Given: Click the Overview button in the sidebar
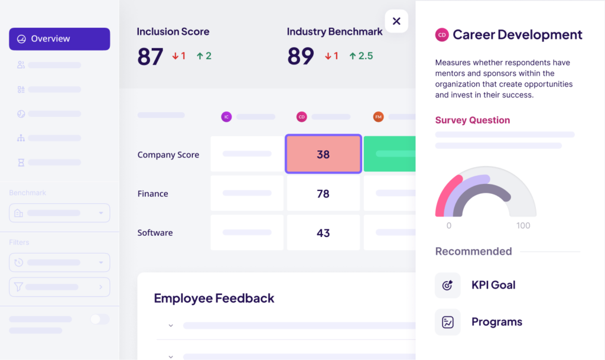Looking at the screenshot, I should (59, 39).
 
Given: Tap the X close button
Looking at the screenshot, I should (396, 21).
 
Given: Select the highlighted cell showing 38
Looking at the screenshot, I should (323, 154).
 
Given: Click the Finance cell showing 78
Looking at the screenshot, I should (323, 193).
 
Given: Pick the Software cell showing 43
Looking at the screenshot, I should (323, 233).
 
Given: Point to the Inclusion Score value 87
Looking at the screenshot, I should (150, 56).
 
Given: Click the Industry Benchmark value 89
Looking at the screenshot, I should (300, 56).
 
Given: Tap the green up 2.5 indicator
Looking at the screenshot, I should (361, 56).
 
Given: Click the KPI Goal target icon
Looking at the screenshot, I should (447, 285).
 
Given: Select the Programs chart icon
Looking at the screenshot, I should (447, 322).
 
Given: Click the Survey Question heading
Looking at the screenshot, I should (472, 120).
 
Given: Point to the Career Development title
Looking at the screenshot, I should (517, 35).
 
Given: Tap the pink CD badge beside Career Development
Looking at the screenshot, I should (442, 35).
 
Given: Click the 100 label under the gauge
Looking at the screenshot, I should (523, 225).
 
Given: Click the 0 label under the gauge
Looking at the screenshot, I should (449, 225).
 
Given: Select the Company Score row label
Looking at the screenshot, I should (168, 155).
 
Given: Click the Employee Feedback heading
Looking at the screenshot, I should (214, 298).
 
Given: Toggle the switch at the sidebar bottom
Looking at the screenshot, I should (99, 319).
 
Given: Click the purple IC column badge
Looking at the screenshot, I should (226, 117).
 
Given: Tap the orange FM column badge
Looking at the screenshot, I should (378, 117).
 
